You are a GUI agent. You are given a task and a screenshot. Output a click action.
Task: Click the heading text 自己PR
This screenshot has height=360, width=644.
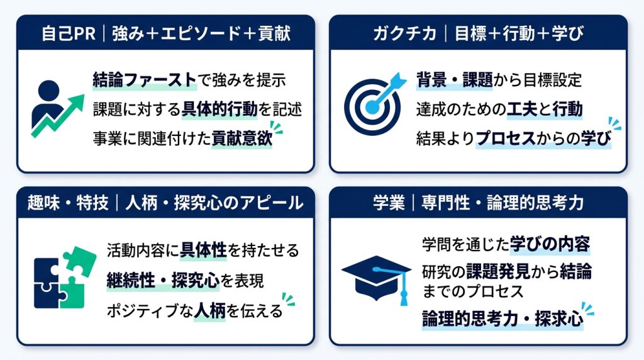pyautogui.click(x=69, y=33)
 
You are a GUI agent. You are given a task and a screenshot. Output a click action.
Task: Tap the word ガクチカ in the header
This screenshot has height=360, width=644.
pyautogui.click(x=404, y=33)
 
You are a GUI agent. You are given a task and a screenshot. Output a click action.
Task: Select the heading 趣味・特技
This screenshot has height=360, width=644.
pyautogui.click(x=68, y=203)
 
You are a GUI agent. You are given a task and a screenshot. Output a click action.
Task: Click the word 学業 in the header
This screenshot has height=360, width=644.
pyautogui.click(x=389, y=203)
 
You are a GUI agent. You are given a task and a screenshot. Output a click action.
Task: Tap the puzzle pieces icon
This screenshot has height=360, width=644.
pyautogui.click(x=65, y=278)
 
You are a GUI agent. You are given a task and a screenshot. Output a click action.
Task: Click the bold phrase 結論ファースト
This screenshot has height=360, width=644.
pyautogui.click(x=145, y=80)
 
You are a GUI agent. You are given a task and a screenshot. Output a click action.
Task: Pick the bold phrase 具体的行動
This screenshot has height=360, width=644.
pyautogui.click(x=219, y=110)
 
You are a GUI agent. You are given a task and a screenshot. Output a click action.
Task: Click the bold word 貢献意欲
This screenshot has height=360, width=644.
pyautogui.click(x=242, y=138)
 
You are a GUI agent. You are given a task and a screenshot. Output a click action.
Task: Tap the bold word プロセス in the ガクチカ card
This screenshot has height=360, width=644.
pyautogui.click(x=506, y=138)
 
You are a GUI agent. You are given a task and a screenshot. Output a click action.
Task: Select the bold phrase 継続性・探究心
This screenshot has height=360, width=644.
pyautogui.click(x=163, y=281)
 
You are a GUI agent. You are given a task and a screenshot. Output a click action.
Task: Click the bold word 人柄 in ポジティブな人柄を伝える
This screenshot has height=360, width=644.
pyautogui.click(x=209, y=311)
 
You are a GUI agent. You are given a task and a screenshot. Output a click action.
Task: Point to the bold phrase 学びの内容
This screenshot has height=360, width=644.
pyautogui.click(x=550, y=244)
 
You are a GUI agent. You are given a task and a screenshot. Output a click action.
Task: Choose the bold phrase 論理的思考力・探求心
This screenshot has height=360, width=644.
pyautogui.click(x=502, y=318)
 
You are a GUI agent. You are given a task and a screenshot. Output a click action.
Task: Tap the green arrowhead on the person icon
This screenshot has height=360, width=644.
pyautogui.click(x=76, y=102)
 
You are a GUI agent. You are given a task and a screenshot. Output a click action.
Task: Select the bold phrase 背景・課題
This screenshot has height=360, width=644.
pyautogui.click(x=454, y=80)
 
